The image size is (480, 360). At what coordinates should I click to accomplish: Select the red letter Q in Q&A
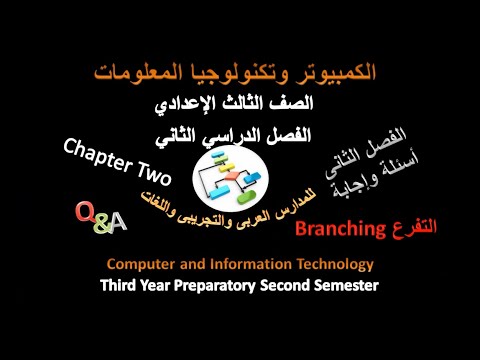point(86,213)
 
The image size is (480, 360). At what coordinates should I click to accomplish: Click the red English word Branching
point(341,231)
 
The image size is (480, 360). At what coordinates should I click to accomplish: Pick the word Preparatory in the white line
point(233,285)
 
